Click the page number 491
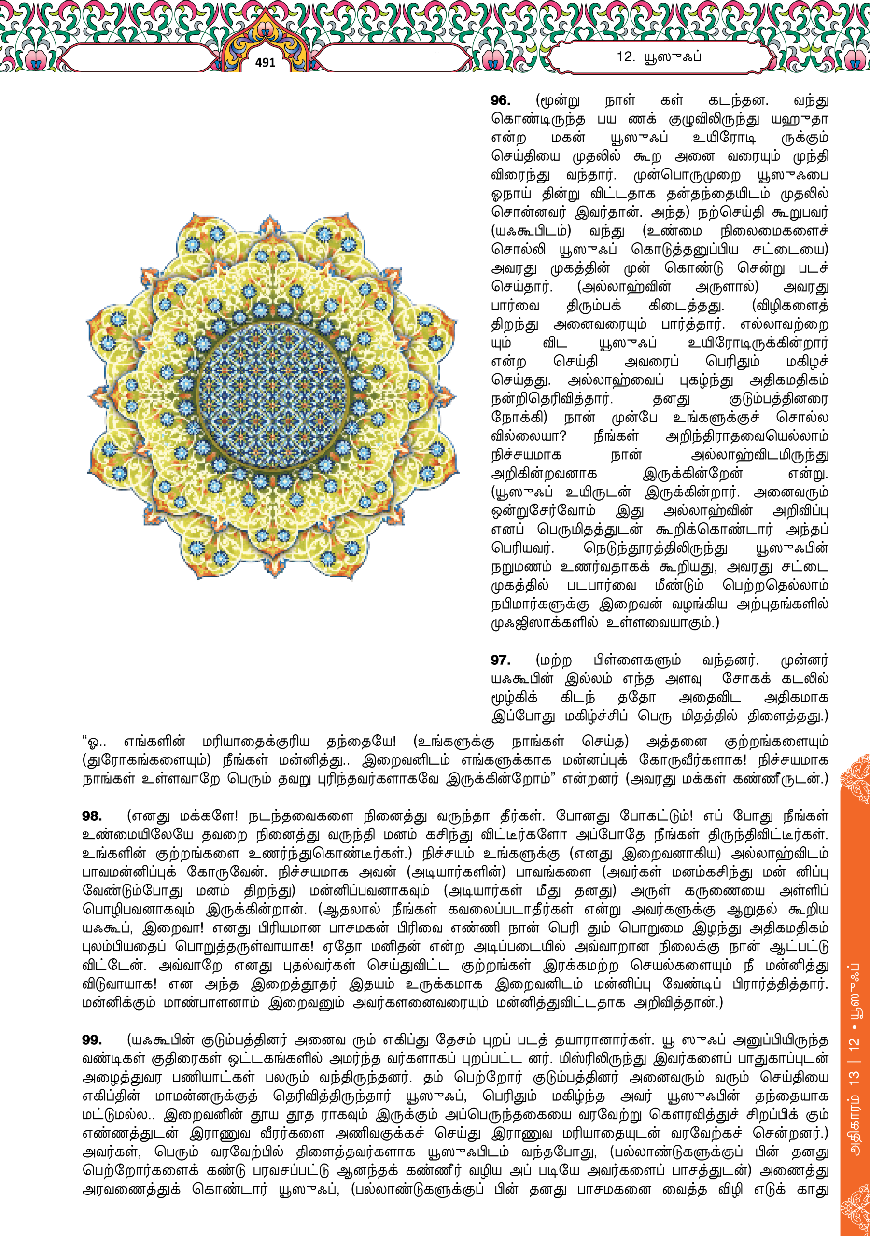[265, 62]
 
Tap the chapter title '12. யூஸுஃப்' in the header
[659, 57]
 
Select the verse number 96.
[500, 101]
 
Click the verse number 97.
[500, 660]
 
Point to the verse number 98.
[92, 816]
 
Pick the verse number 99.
[92, 1040]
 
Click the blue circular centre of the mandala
[272, 396]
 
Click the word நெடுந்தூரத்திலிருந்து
[655, 548]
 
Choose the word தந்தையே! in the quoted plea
[361, 741]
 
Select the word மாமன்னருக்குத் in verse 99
[206, 1096]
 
